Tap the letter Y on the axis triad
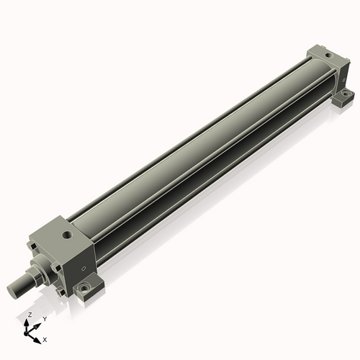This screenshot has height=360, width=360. pos(44,318)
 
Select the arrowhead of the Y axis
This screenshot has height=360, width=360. pos(38,323)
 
